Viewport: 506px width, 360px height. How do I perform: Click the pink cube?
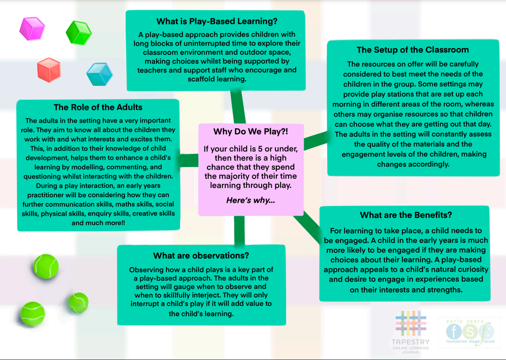32,28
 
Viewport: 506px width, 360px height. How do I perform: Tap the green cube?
78,33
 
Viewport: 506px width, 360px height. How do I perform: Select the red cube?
49,70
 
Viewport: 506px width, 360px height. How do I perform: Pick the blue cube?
100,74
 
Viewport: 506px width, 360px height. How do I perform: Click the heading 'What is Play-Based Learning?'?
217,21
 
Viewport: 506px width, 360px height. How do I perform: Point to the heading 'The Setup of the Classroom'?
413,50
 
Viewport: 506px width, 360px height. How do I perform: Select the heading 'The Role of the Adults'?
98,107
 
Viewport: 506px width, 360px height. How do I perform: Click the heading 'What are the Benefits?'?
406,215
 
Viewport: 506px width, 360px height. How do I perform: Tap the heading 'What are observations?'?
201,255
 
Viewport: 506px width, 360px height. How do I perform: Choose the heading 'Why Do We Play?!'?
251,132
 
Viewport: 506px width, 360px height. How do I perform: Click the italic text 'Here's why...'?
251,200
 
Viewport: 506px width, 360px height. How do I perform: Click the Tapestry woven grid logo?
411,323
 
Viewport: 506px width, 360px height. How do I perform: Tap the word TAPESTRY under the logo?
411,342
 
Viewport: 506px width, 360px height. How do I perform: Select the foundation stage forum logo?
470,332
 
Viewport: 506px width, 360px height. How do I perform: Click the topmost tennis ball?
46,267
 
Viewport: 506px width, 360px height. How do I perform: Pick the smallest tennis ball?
78,302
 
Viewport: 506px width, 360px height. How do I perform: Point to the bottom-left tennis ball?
33,314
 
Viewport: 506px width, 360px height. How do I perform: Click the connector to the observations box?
239,230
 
